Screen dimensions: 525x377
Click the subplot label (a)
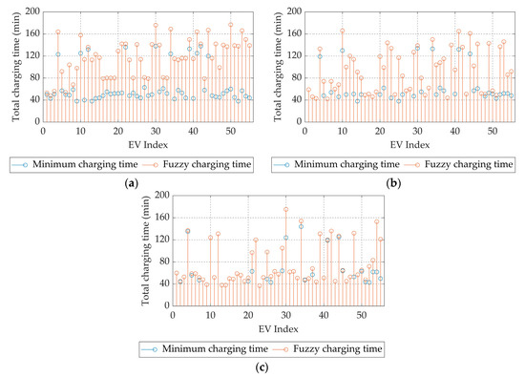132,183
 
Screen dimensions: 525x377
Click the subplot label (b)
393,183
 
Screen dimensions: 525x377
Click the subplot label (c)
262,367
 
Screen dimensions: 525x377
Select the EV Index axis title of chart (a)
148,145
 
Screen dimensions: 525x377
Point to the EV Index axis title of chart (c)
278,329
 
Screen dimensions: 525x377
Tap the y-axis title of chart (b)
278,67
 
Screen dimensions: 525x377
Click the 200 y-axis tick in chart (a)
32,11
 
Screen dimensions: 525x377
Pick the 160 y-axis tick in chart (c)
162,218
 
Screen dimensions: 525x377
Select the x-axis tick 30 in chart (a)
156,132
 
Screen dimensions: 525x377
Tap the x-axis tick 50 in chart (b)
493,132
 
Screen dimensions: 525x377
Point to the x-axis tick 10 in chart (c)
210,315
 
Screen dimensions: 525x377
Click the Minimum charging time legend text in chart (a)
85,164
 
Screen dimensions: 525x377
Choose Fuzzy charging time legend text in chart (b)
469,164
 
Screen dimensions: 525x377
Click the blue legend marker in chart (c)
155,349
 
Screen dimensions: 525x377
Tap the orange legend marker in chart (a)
155,165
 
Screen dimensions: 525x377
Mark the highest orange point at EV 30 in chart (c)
286,210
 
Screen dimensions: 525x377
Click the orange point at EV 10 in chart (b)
342,31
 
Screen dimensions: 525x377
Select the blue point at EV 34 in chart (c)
301,226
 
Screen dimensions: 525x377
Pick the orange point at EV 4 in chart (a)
58,32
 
